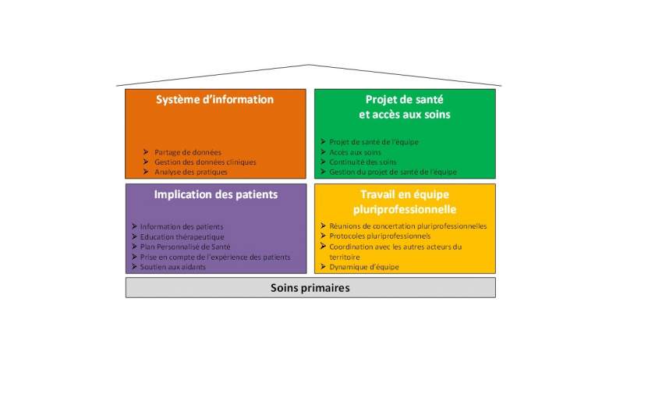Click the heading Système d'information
(x=214, y=100)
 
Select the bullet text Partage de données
(x=188, y=152)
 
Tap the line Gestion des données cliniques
(x=205, y=162)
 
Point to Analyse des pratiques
(x=191, y=172)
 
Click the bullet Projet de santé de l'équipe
(x=374, y=142)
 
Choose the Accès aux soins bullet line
(x=355, y=152)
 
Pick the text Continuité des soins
(x=363, y=162)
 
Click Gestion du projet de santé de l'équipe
(x=393, y=172)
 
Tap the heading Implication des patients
(x=215, y=194)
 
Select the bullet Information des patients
(x=182, y=226)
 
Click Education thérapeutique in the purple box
(x=182, y=236)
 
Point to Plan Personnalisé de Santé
(x=185, y=247)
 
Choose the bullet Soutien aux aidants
(x=173, y=267)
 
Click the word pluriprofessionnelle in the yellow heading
(x=405, y=209)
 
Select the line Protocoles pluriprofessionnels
(x=380, y=236)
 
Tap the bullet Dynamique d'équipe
(x=364, y=267)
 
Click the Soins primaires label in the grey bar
(x=310, y=288)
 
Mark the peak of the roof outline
(x=309, y=65)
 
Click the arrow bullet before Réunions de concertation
(x=323, y=226)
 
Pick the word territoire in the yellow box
(x=344, y=257)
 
